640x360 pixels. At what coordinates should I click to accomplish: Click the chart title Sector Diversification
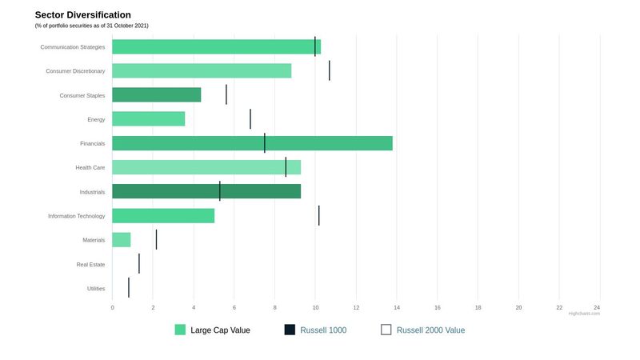pyautogui.click(x=83, y=15)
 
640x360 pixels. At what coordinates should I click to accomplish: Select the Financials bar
pyautogui.click(x=252, y=143)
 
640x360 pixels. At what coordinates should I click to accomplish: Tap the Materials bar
pyautogui.click(x=121, y=240)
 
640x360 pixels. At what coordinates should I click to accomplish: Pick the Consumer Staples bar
pyautogui.click(x=156, y=95)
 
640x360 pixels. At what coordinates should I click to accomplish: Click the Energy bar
pyautogui.click(x=148, y=119)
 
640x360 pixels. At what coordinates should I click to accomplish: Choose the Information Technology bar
pyautogui.click(x=163, y=216)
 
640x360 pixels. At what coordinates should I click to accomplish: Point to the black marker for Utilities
pyautogui.click(x=129, y=288)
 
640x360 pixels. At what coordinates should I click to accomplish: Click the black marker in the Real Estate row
pyautogui.click(x=138, y=264)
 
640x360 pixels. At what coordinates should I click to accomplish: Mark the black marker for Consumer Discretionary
pyautogui.click(x=329, y=70)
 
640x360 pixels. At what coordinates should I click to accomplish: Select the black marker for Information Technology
pyautogui.click(x=318, y=216)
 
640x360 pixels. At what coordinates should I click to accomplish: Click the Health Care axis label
pyautogui.click(x=90, y=168)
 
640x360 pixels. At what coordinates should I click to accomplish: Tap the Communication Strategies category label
pyautogui.click(x=73, y=47)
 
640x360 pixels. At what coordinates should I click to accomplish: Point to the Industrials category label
pyautogui.click(x=92, y=192)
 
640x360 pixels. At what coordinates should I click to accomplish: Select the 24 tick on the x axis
pyautogui.click(x=597, y=307)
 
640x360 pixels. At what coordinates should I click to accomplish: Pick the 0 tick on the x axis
pyautogui.click(x=112, y=307)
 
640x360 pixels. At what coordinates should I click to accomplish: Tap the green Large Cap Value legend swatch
pyautogui.click(x=180, y=330)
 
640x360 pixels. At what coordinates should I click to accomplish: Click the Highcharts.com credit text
pyautogui.click(x=584, y=314)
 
